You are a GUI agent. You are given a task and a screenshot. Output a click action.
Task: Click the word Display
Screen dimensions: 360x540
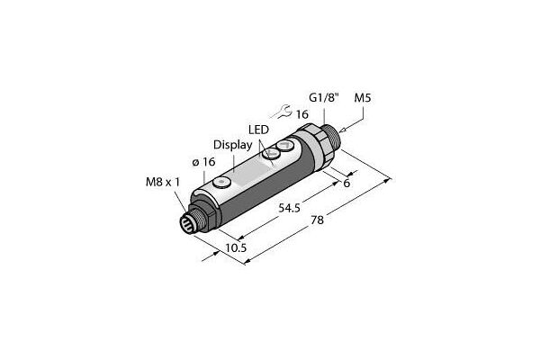pos(230,144)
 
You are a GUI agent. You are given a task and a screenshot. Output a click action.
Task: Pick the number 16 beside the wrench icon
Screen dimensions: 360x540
pos(303,114)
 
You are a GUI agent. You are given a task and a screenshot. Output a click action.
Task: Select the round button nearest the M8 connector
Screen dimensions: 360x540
pos(222,183)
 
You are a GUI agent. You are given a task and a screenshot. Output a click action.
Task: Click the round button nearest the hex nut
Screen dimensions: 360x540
pos(286,146)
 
